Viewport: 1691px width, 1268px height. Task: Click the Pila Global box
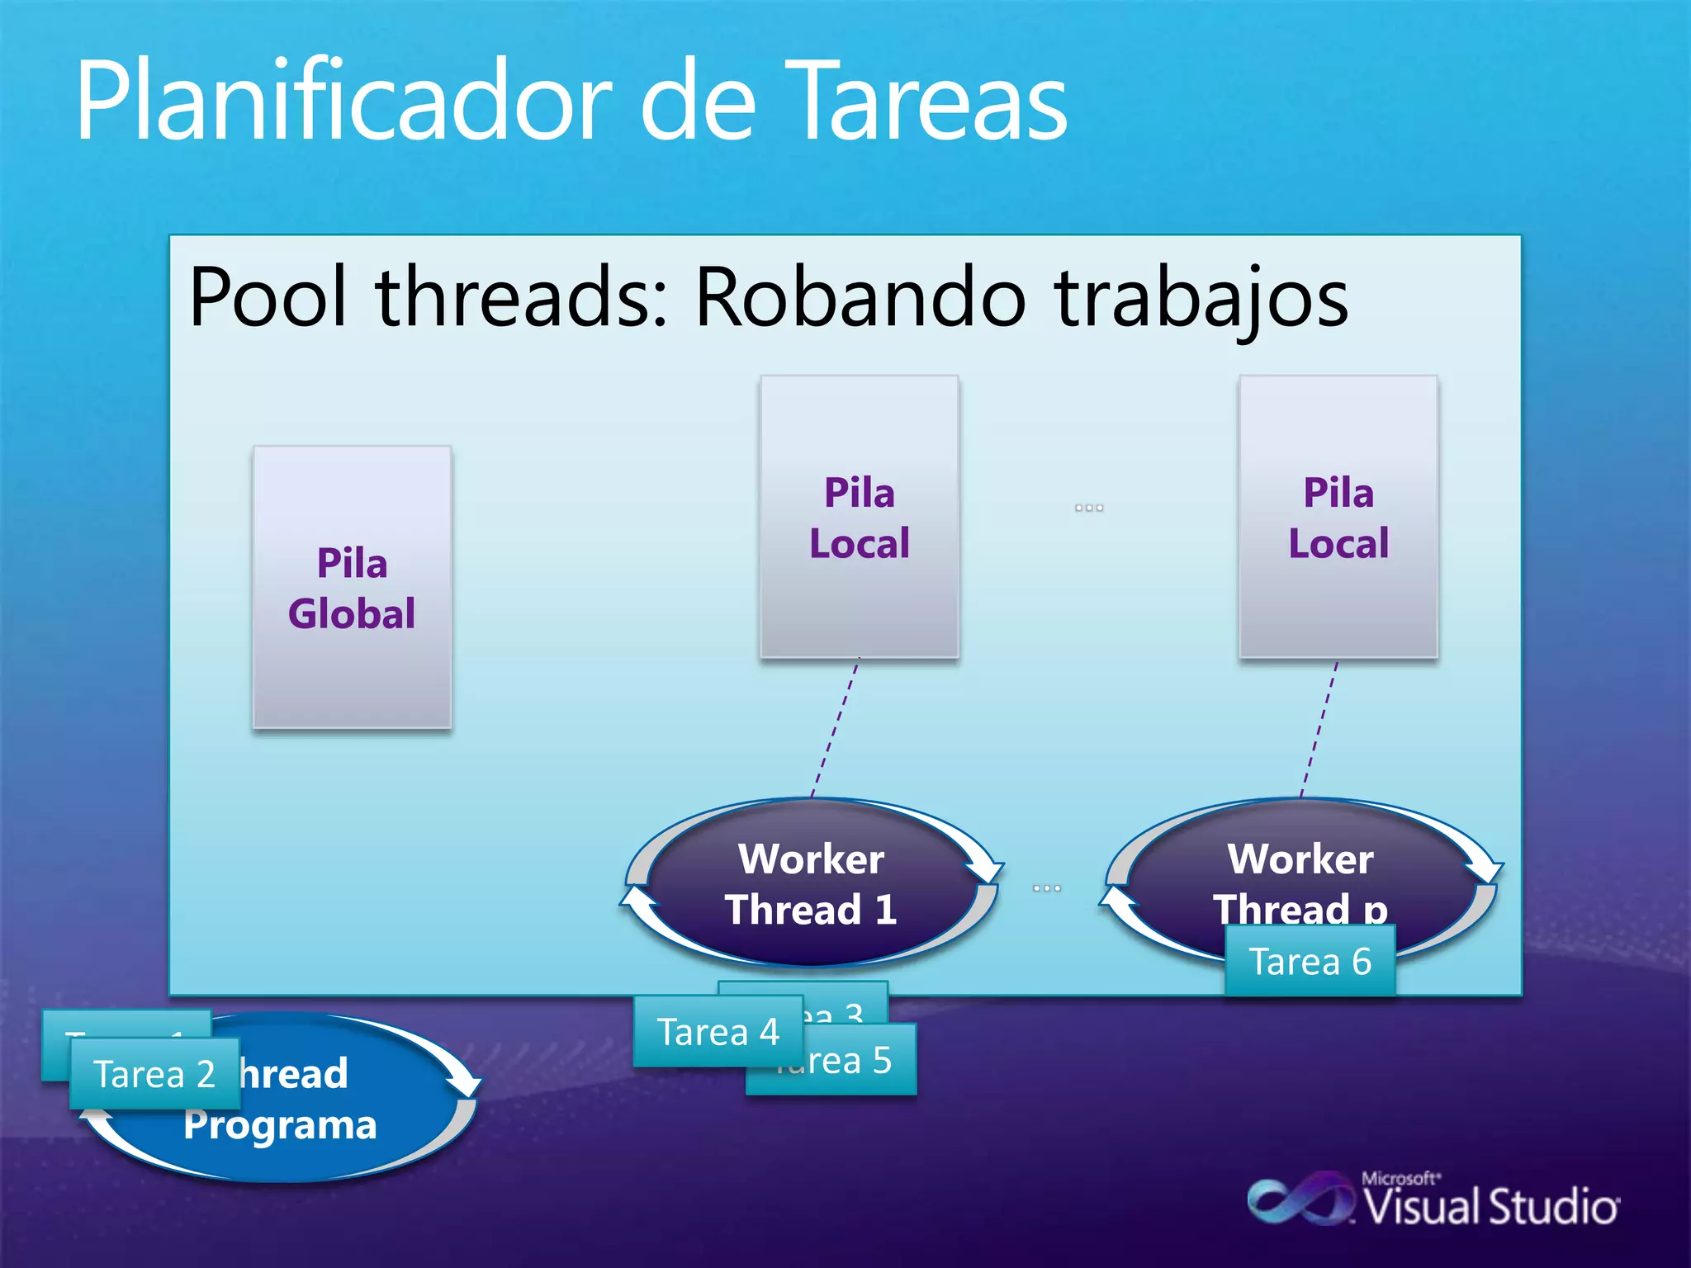[x=352, y=587]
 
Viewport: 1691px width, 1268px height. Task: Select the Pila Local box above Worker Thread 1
[x=859, y=517]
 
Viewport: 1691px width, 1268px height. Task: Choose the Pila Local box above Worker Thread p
[x=1338, y=517]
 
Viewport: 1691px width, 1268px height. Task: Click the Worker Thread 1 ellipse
[x=811, y=883]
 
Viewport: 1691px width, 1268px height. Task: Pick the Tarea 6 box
[x=1310, y=961]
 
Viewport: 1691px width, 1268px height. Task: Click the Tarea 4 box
[x=718, y=1032]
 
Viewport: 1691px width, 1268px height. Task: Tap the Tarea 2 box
[x=154, y=1074]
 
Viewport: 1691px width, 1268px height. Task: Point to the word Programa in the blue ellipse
[x=281, y=1125]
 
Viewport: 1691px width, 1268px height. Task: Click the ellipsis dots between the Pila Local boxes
[x=1089, y=508]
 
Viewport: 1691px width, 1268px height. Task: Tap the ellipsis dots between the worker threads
[x=1046, y=888]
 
